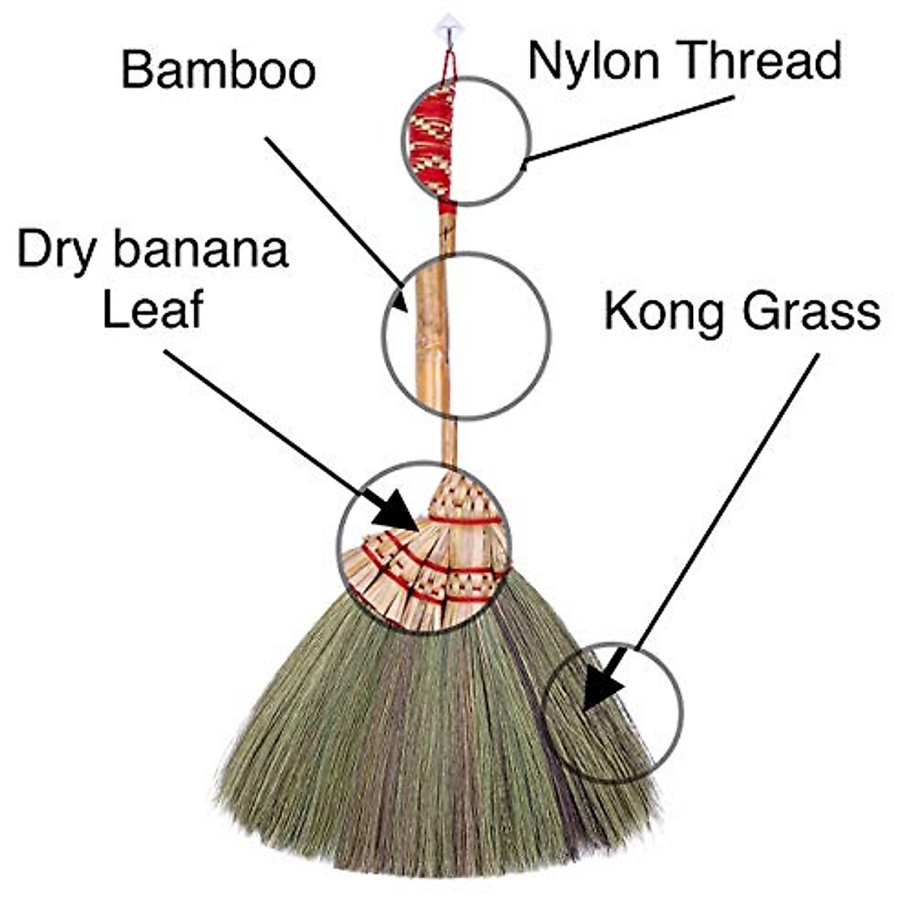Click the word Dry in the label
pos(59,251)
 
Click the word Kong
pos(660,312)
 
